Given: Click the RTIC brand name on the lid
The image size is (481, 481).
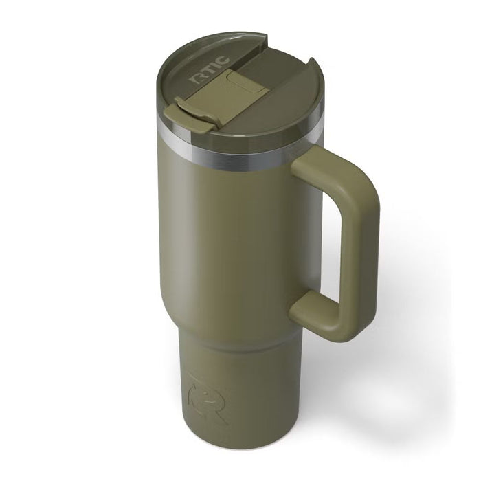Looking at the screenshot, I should click(205, 70).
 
